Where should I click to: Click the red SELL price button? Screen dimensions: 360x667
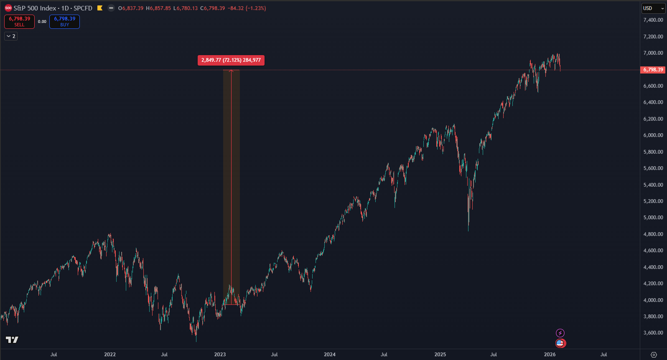tap(19, 22)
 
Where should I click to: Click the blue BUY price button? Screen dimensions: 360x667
tap(64, 22)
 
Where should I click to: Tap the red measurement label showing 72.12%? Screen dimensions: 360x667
tap(231, 60)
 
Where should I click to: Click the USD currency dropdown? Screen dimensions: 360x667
tap(653, 8)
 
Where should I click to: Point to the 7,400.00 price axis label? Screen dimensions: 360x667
tap(653, 20)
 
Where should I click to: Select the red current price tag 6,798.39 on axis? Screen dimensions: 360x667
tap(653, 70)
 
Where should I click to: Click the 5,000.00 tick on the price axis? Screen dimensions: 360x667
tap(653, 218)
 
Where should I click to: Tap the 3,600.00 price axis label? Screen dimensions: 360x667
tap(653, 333)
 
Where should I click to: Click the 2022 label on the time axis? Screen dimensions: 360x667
tap(110, 355)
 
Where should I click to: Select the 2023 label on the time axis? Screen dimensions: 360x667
tap(220, 355)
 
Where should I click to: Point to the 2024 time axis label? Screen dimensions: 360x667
tap(330, 355)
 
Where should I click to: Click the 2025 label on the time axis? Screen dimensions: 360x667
tap(440, 355)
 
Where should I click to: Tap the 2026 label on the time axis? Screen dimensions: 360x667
tap(550, 355)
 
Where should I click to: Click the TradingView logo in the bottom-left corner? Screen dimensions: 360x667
tap(12, 340)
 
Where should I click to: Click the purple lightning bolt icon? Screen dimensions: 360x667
tap(560, 333)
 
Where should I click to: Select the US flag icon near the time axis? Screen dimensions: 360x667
tap(560, 343)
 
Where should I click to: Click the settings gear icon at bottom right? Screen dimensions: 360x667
tap(654, 355)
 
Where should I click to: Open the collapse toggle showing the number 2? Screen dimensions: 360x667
tap(11, 36)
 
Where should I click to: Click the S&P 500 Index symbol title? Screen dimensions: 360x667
tap(35, 8)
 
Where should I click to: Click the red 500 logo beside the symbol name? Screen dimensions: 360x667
tap(8, 8)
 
